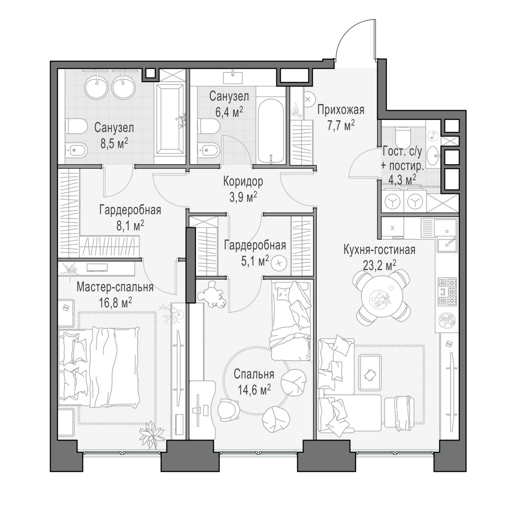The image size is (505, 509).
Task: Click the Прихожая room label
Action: point(341,110)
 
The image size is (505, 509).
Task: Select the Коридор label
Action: point(243,182)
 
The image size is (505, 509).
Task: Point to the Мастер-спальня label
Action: point(115,287)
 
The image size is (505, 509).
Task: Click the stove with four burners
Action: point(447,291)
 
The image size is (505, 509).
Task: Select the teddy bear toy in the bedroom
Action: point(213,294)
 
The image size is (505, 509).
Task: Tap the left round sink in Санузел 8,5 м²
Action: point(96,87)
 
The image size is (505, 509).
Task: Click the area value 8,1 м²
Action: point(130,225)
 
